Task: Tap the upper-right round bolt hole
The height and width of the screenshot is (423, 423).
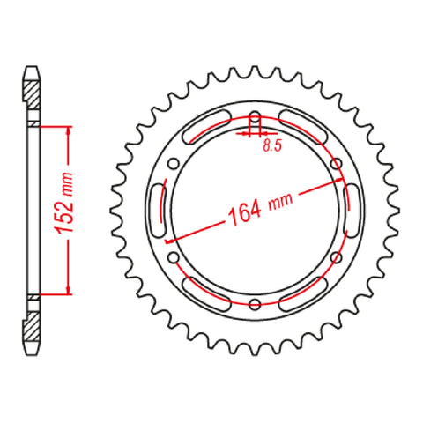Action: [x=336, y=164]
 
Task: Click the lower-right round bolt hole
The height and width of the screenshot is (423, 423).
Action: [x=336, y=257]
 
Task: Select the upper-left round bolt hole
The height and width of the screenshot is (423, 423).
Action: [x=174, y=164]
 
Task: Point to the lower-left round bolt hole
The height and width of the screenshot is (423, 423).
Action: [x=174, y=257]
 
